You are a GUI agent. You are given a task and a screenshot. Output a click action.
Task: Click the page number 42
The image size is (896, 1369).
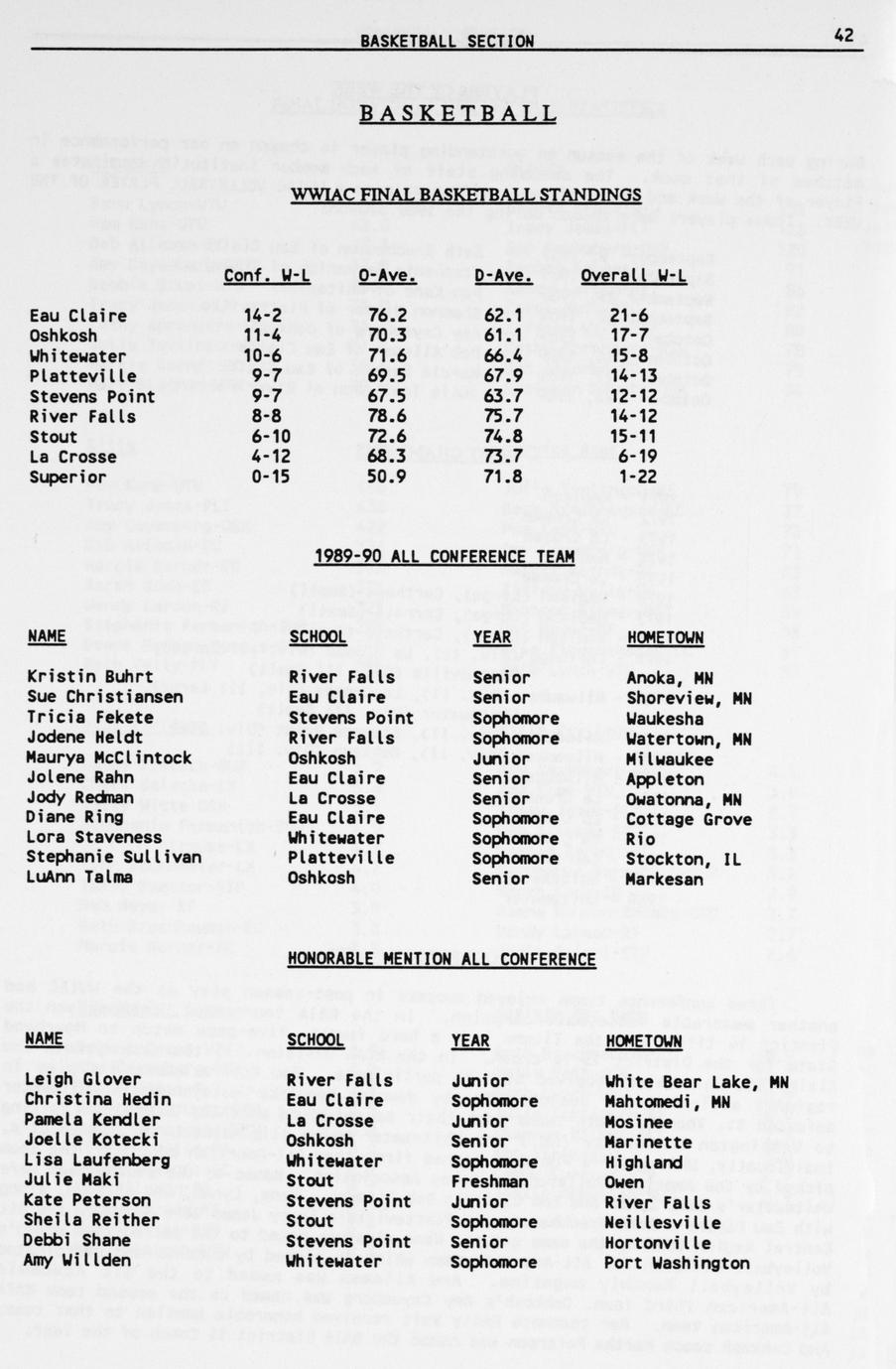(x=843, y=36)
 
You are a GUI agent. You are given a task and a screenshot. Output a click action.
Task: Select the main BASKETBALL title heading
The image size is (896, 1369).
(x=457, y=114)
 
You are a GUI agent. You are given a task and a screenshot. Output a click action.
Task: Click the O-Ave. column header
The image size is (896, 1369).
(x=386, y=275)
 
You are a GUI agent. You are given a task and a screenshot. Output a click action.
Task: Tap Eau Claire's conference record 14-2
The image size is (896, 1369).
(x=263, y=316)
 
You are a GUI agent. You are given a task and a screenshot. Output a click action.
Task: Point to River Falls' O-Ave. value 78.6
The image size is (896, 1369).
(x=388, y=416)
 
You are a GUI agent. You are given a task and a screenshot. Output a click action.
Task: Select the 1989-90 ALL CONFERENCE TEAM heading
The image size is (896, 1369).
(x=444, y=557)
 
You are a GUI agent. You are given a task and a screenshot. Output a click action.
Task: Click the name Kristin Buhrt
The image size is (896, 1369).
(x=89, y=677)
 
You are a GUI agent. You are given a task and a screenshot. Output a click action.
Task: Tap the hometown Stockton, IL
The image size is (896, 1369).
(x=684, y=859)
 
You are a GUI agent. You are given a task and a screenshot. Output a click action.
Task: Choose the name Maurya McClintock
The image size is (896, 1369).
(x=109, y=757)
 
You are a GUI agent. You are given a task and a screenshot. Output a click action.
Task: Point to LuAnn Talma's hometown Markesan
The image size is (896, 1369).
(x=664, y=879)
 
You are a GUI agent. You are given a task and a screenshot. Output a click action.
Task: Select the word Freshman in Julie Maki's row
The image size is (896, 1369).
(x=489, y=1181)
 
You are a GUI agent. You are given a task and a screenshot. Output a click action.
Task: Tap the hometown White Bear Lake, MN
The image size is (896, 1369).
(x=697, y=1081)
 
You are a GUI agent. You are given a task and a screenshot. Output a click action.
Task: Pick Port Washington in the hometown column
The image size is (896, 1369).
(x=677, y=1263)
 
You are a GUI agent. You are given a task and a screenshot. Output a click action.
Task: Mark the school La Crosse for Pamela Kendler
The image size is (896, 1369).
(x=329, y=1121)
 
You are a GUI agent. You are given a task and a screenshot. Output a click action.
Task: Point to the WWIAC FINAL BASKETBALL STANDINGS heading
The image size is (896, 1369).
(x=465, y=195)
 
